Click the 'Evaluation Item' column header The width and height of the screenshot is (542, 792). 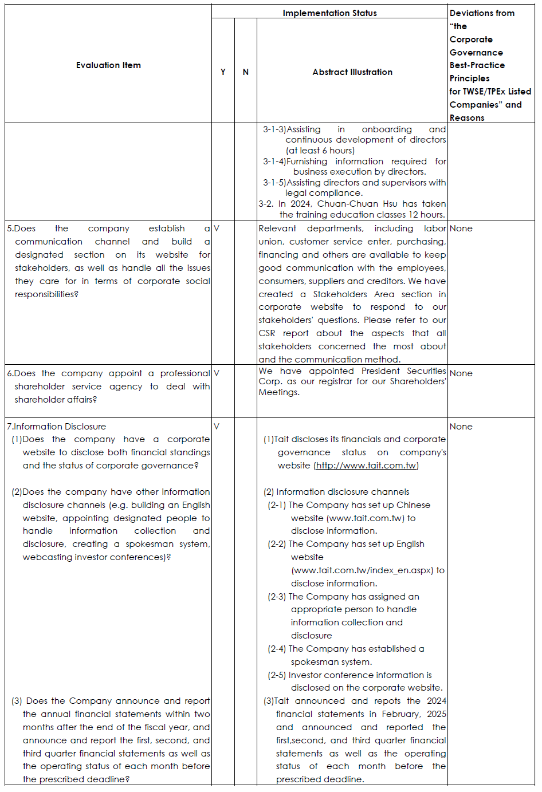tap(108, 65)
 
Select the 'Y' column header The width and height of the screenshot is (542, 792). tap(223, 72)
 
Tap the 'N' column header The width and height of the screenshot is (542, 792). tap(246, 72)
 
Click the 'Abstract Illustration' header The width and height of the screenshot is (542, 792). tap(352, 72)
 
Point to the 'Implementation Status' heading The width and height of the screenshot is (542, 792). tap(329, 13)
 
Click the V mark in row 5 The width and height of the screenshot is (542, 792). tap(217, 228)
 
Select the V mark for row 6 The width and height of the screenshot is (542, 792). tap(217, 373)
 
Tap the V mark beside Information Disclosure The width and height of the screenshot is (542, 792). tap(217, 426)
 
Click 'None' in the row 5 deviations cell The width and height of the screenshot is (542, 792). tap(461, 228)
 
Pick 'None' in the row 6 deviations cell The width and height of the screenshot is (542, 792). tap(461, 373)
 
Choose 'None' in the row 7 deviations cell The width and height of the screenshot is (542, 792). tap(461, 427)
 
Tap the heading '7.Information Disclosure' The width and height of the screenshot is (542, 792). tap(57, 427)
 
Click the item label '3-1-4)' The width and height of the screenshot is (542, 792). tap(274, 161)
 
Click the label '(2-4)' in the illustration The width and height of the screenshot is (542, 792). tap(277, 649)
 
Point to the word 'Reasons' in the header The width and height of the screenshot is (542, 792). tap(467, 118)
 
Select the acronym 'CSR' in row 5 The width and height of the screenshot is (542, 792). tap(266, 333)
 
